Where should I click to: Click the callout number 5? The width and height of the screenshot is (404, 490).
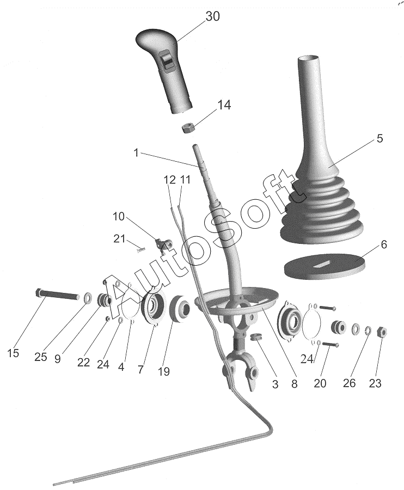coord(379,138)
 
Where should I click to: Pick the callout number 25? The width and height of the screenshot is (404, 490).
coord(41,358)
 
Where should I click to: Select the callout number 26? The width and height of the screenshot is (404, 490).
coord(349,383)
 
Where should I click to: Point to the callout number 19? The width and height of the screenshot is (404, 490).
coord(163,372)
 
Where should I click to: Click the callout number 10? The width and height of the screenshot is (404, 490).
coord(119,216)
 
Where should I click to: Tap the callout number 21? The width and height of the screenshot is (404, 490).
coord(119,238)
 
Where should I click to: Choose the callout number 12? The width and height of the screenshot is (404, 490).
coord(169,180)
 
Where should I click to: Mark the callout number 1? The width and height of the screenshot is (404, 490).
coord(136,154)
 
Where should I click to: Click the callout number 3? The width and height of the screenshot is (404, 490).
coord(275,384)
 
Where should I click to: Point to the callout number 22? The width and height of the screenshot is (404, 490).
coord(83,362)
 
